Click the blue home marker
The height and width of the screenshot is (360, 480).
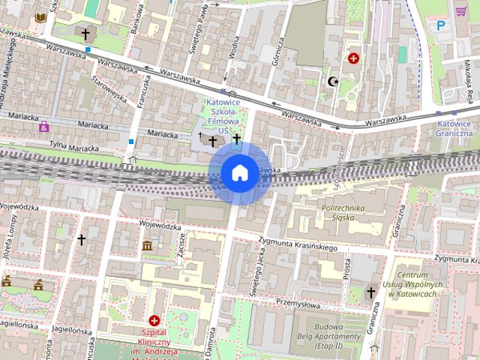pos(239,173)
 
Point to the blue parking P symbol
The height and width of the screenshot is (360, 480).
pos(440,25)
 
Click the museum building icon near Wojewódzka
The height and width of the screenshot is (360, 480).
pos(147,246)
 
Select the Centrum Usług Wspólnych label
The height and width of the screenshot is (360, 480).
pos(417,283)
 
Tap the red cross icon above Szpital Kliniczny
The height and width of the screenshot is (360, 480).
pos(154,320)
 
